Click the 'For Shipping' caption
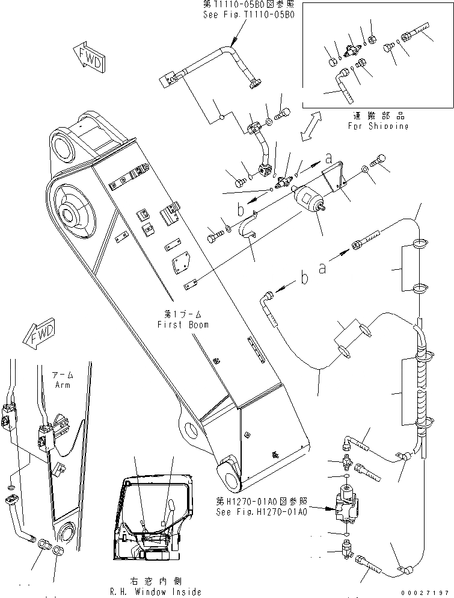point(378,122)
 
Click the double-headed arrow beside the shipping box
point(312,126)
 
